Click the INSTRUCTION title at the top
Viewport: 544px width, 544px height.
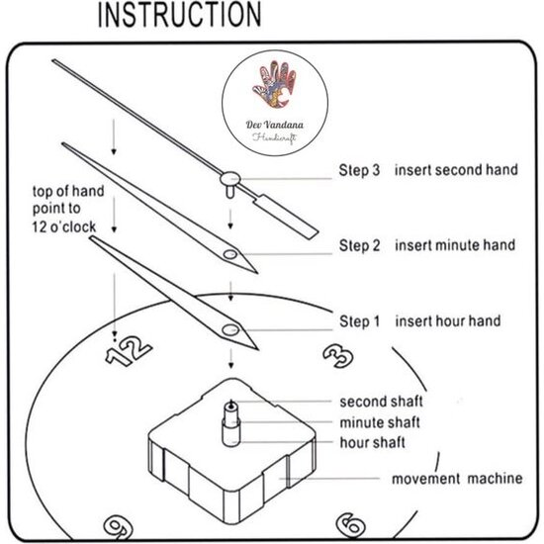tap(179, 15)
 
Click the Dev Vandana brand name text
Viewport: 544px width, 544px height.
tap(274, 125)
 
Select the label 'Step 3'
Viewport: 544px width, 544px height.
tap(359, 170)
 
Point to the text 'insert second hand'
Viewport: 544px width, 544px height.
tap(456, 170)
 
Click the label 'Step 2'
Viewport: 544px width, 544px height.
tap(359, 245)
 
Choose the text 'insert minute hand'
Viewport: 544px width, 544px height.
tap(455, 245)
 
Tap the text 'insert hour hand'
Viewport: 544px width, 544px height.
tap(448, 320)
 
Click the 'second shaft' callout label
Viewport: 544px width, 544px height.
tap(381, 402)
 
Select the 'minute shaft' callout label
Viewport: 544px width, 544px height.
tap(380, 422)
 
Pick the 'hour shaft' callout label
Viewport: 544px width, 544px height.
tap(372, 442)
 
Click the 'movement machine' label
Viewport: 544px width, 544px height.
tap(457, 479)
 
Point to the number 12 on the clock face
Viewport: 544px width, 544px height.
tap(128, 350)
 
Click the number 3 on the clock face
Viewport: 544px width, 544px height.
tap(338, 356)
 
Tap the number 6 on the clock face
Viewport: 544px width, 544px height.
tap(350, 524)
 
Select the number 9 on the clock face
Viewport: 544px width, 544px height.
tap(118, 526)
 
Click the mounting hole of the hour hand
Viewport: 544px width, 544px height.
tap(230, 329)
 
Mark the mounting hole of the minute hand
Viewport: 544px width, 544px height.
tap(230, 255)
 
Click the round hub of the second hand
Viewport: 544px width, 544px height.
tap(230, 179)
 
